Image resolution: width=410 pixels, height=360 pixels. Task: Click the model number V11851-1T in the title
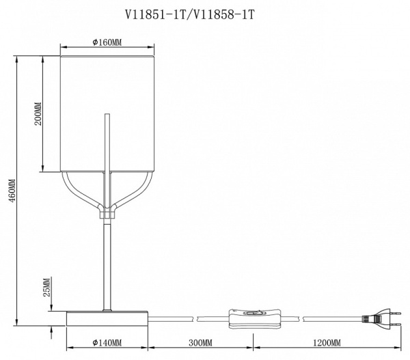pyautogui.click(x=155, y=15)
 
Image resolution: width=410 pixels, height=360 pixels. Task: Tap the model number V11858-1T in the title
pyautogui.click(x=221, y=15)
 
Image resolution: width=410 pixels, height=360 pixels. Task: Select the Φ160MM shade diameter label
pyautogui.click(x=107, y=42)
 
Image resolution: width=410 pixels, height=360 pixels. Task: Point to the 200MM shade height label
pyautogui.click(x=38, y=113)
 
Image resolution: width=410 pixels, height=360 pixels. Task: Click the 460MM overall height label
pyautogui.click(x=12, y=191)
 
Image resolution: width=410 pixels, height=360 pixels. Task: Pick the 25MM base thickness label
pyautogui.click(x=46, y=288)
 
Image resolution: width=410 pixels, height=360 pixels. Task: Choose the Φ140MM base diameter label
pyautogui.click(x=107, y=342)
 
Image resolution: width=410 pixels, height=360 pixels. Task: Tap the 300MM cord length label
pyautogui.click(x=200, y=342)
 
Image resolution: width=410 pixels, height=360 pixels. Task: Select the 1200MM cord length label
pyautogui.click(x=327, y=342)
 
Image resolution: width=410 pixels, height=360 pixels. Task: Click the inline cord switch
pyautogui.click(x=255, y=318)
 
